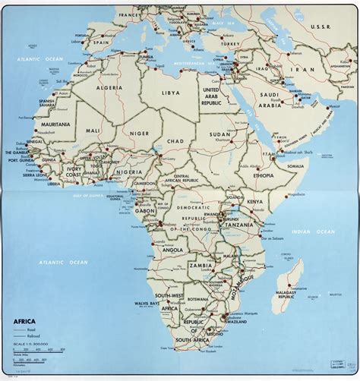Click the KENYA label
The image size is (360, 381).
pyautogui.click(x=256, y=203)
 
